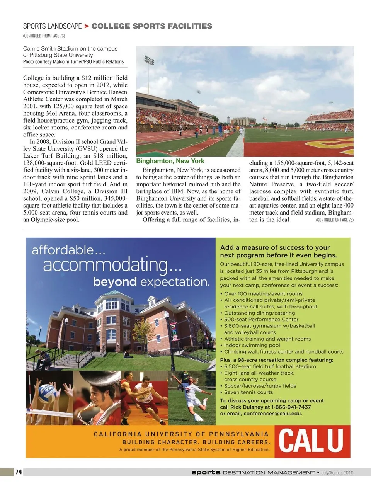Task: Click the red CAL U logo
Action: [x=311, y=441]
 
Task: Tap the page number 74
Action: [x=19, y=472]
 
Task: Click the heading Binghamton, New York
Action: [x=170, y=161]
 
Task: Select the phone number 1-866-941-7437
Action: [x=291, y=407]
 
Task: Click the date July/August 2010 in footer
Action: [x=337, y=472]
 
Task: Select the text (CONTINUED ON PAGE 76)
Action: [x=334, y=220]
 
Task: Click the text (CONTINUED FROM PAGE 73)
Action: [x=44, y=36]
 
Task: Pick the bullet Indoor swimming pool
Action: [x=252, y=345]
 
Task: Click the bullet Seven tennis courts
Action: [x=248, y=392]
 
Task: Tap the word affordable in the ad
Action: [x=68, y=250]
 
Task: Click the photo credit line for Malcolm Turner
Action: [x=73, y=62]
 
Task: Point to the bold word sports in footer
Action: [x=206, y=472]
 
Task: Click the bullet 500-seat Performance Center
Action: [x=261, y=319]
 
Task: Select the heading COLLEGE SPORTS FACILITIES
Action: [x=152, y=26]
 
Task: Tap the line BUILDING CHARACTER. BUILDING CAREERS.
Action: [x=196, y=442]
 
